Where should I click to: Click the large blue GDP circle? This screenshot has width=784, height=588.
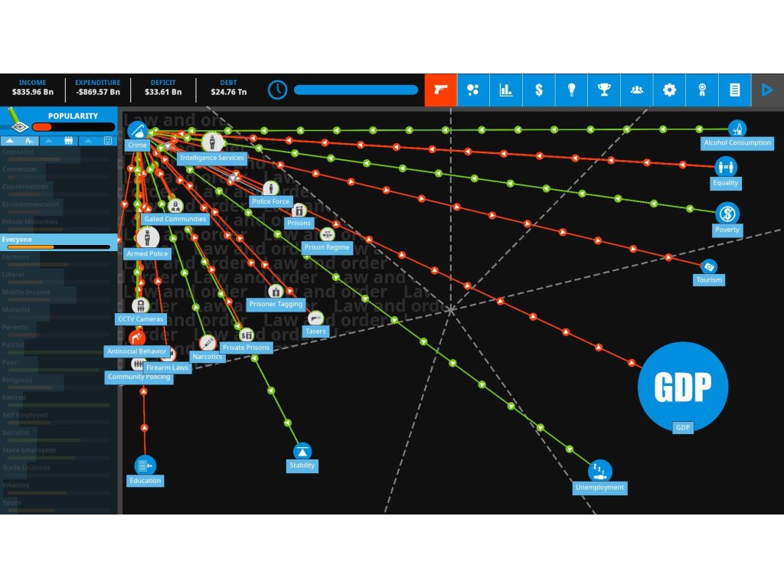(x=682, y=387)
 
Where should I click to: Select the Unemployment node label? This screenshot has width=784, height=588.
(x=599, y=488)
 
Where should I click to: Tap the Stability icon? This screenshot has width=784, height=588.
(x=302, y=451)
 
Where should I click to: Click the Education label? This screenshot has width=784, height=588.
(x=145, y=481)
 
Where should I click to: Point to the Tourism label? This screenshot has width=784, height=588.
(x=709, y=280)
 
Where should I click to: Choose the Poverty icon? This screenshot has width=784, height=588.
(x=727, y=212)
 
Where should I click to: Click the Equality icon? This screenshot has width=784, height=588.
(x=725, y=166)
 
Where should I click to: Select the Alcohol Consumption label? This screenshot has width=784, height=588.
(x=737, y=143)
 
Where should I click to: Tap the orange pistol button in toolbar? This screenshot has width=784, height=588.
(x=440, y=90)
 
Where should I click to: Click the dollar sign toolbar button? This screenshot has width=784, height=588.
(x=539, y=90)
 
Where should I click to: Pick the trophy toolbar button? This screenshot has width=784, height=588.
(x=604, y=90)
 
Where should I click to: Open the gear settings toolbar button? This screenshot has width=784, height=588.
(x=669, y=90)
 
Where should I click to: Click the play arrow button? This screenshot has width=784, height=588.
(x=767, y=90)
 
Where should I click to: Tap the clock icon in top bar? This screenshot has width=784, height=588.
(x=277, y=90)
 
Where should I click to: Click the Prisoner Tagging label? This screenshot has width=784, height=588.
(x=276, y=305)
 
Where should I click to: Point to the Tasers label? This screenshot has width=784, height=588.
(x=315, y=332)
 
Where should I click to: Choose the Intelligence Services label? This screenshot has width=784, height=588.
(x=211, y=158)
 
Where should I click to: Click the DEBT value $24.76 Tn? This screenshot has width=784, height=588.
(x=228, y=93)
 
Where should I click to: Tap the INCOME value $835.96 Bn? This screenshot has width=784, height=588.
(x=33, y=93)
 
